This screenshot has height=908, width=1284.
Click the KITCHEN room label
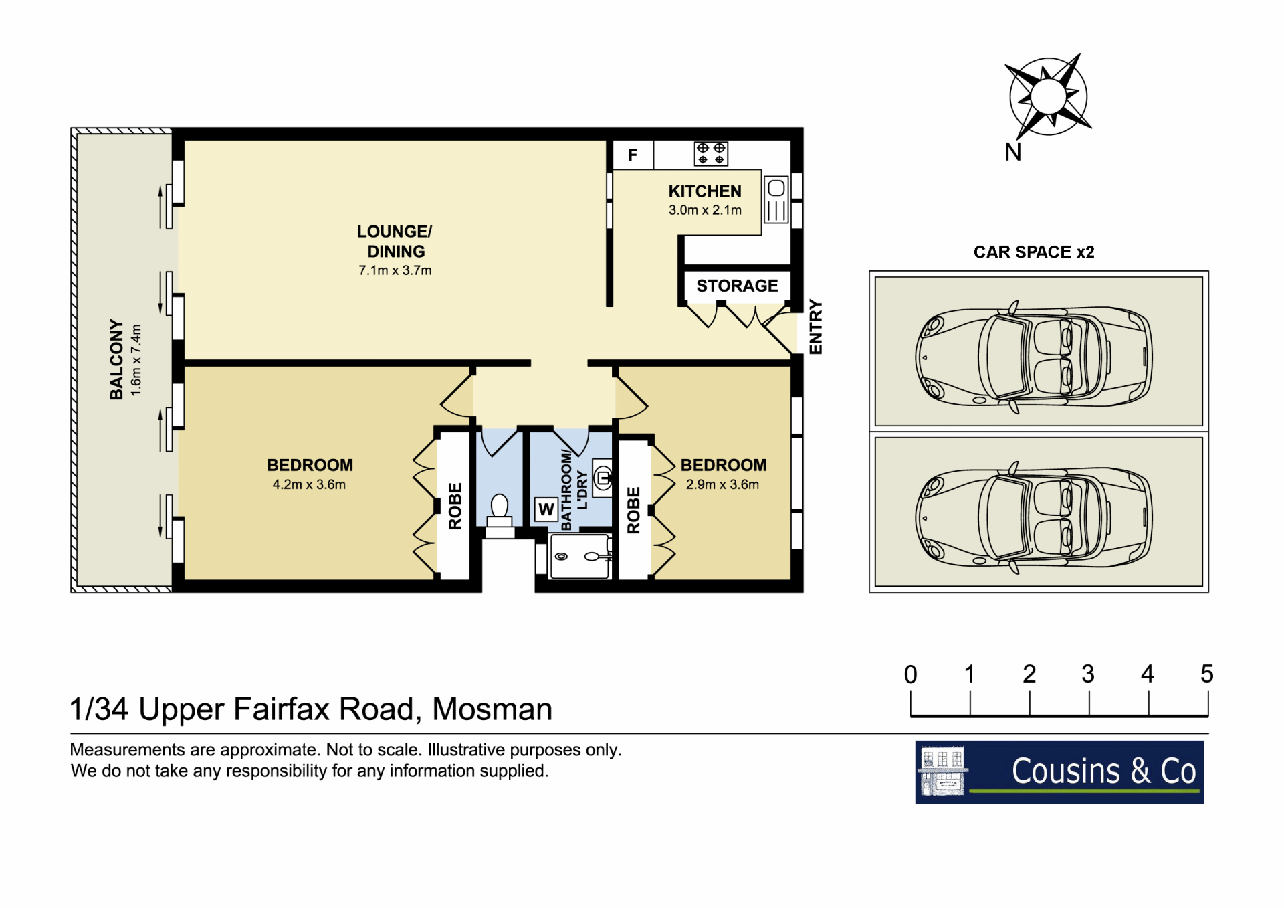tap(705, 191)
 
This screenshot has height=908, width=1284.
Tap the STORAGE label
tap(737, 286)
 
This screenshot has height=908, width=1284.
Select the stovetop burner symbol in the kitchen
tap(711, 153)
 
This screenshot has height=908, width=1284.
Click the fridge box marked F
tap(633, 155)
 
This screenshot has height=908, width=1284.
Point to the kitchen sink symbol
tap(776, 199)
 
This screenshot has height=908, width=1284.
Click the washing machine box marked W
tap(546, 510)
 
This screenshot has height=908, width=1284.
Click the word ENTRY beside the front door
tap(815, 327)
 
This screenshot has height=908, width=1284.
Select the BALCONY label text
tap(116, 359)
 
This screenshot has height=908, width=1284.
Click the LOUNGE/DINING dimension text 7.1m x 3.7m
tap(395, 270)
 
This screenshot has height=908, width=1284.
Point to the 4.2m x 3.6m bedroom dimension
tap(309, 484)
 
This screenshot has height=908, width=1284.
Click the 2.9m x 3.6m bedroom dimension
tap(722, 484)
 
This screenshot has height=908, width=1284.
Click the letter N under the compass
tap(1013, 153)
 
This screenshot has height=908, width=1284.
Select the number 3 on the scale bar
tap(1088, 674)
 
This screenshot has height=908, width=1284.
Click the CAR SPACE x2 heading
tap(1034, 252)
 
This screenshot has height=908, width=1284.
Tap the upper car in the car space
tap(1034, 356)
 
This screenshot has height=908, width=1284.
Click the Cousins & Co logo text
tap(1103, 771)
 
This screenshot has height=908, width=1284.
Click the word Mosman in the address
tap(492, 709)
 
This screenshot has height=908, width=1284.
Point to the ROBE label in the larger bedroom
tap(455, 506)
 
